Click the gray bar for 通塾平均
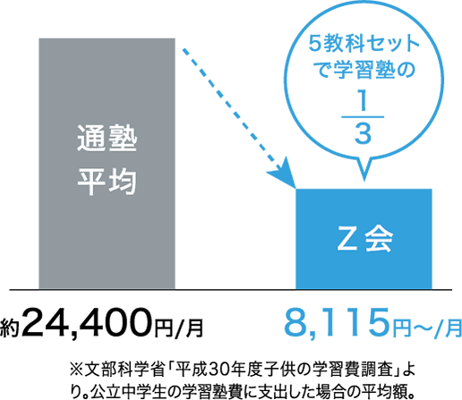[x=107, y=164]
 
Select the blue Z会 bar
[x=364, y=239]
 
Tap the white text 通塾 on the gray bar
[x=107, y=139]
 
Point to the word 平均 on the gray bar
[x=107, y=182]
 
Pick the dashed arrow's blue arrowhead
[x=284, y=174]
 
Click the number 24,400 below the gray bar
[x=89, y=324]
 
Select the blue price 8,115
[x=338, y=323]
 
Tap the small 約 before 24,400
[x=10, y=328]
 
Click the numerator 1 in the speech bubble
[x=362, y=102]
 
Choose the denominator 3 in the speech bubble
[x=363, y=133]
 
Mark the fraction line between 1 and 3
[x=363, y=117]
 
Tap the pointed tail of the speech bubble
[x=364, y=180]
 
